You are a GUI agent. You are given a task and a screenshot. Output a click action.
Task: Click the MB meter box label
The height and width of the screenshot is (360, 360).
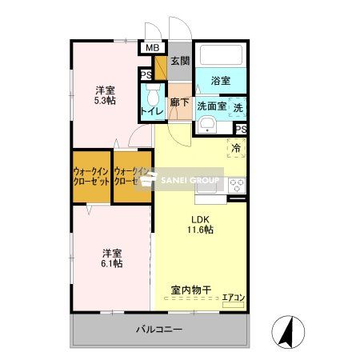pos(150,48)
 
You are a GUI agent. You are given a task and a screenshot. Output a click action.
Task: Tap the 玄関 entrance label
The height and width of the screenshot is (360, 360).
pos(179,62)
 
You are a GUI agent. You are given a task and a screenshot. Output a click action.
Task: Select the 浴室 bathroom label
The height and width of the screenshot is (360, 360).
pos(221,80)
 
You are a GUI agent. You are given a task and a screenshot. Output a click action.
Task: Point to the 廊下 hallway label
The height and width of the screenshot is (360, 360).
pos(179,102)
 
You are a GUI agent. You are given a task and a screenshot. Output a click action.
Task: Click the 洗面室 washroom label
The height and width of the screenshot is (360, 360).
pos(212,106)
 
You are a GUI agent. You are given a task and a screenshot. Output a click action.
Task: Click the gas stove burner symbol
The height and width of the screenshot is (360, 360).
pos(238,185)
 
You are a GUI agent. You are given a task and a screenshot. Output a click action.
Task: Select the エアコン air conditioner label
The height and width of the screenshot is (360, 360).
pos(234,297)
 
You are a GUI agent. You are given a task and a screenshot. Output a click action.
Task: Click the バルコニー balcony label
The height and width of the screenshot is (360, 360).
pos(158,329)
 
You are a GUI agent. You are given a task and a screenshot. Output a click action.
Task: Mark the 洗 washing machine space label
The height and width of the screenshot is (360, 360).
pos(238,106)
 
